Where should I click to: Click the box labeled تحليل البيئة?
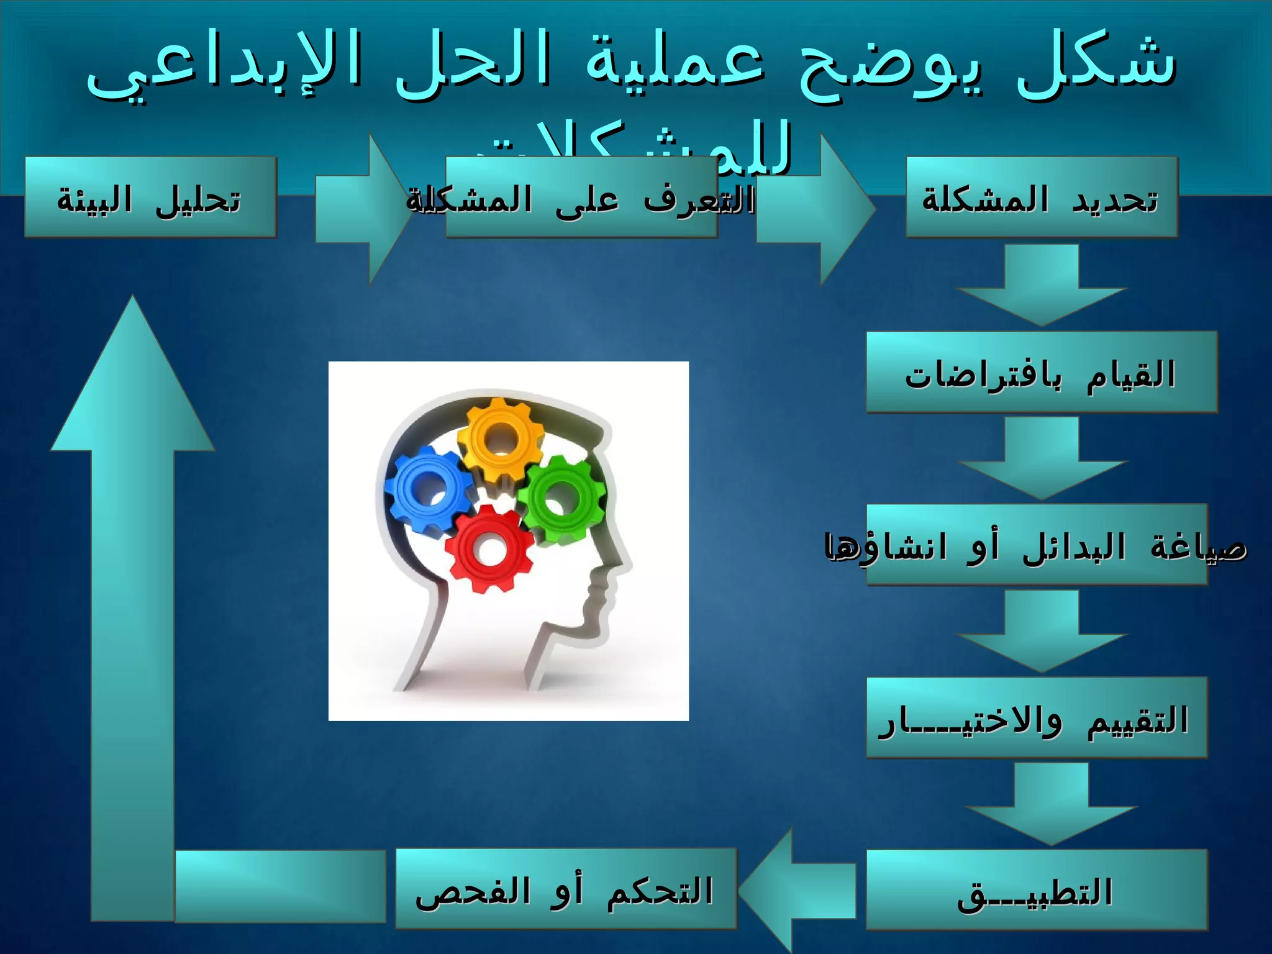[x=150, y=198]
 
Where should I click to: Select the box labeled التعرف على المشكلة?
[x=581, y=198]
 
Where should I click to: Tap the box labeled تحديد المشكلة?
[x=1041, y=198]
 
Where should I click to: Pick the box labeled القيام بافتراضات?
[x=1041, y=373]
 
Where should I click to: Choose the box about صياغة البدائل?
[x=1036, y=545]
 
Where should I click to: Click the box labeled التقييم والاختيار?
[x=1036, y=718]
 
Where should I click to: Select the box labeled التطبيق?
[x=1036, y=890]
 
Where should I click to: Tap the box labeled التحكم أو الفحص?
[x=565, y=889]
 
